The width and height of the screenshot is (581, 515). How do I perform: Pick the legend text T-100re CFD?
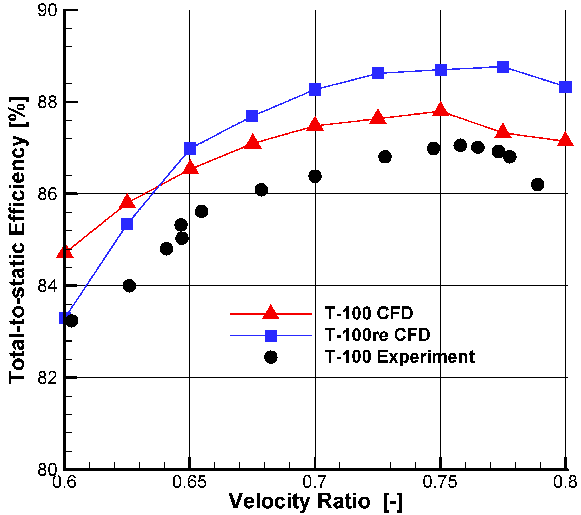coord(377,335)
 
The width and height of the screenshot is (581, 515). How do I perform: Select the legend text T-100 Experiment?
coord(399,356)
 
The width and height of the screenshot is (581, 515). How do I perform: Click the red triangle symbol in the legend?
coord(270,313)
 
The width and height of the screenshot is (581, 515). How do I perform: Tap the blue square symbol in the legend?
coord(271,336)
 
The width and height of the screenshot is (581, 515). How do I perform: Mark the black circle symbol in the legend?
coord(271,357)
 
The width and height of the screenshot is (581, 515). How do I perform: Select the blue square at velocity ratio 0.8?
coord(565,86)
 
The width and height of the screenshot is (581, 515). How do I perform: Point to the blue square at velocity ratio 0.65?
coord(190,148)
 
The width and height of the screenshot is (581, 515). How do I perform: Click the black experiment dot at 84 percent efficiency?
coord(129,286)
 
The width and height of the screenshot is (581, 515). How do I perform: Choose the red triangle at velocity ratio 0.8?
coord(565,140)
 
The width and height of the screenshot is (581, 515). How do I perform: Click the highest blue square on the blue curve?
coord(503,67)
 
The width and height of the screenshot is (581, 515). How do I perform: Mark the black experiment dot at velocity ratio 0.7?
coord(315,177)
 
